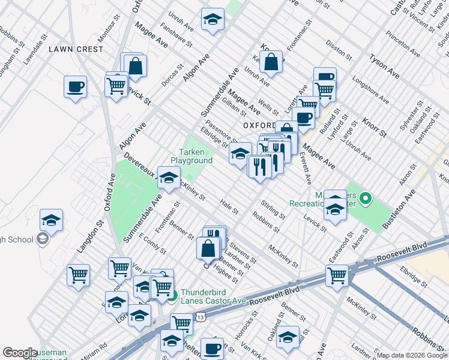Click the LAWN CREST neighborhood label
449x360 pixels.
coord(76,49)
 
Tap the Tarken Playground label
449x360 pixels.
coord(191,156)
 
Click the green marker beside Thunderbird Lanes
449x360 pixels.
coord(172,294)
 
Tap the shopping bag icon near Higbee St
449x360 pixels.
coord(208,248)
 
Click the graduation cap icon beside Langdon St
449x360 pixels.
coord(52,220)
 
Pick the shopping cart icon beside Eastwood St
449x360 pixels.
coord(337,276)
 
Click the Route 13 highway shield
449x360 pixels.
coord(200,316)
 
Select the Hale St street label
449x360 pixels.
coord(229,208)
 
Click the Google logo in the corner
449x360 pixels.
coord(20,353)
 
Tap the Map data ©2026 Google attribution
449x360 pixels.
coord(412,355)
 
